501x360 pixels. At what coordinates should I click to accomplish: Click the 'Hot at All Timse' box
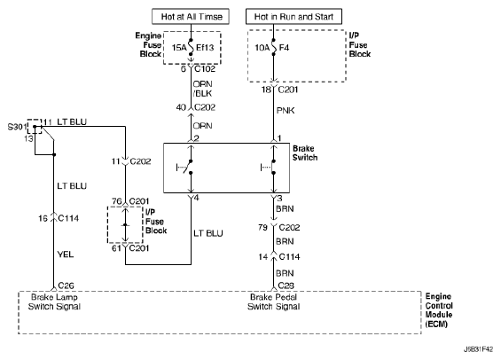(x=191, y=16)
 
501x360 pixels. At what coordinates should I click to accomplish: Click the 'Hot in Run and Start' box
(x=294, y=16)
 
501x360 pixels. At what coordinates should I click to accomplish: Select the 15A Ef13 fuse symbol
(x=191, y=47)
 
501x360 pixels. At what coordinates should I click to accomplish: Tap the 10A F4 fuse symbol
(x=273, y=47)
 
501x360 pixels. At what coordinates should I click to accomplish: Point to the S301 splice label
(x=17, y=127)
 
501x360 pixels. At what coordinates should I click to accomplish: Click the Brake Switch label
(x=305, y=153)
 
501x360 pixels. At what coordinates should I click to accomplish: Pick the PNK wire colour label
(x=286, y=111)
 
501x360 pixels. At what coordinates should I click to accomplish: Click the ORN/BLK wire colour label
(x=202, y=89)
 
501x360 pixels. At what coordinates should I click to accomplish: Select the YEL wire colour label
(x=66, y=254)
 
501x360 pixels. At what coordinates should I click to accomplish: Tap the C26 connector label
(x=67, y=286)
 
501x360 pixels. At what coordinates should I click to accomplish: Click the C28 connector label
(x=286, y=286)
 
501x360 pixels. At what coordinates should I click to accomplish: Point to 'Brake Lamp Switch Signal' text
(x=54, y=301)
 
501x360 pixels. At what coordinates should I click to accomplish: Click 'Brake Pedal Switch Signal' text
(x=273, y=301)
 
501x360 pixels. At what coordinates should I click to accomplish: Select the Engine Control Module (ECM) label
(x=439, y=310)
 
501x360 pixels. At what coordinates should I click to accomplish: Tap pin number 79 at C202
(x=262, y=227)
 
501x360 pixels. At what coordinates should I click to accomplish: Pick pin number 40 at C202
(x=181, y=107)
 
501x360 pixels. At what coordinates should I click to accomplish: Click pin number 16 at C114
(x=43, y=218)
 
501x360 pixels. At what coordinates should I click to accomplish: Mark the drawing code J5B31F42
(x=478, y=349)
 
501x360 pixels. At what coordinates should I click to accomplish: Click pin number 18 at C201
(x=266, y=90)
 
